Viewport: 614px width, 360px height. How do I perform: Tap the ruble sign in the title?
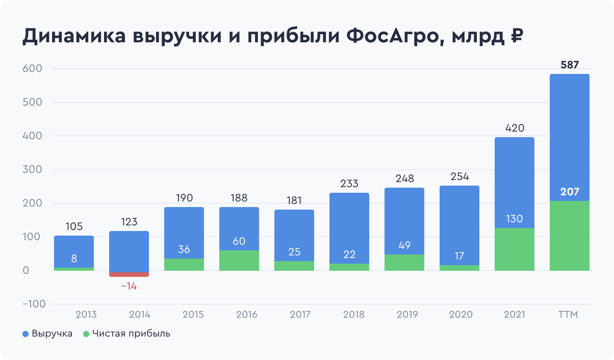click(x=516, y=37)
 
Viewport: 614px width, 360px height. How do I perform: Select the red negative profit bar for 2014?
click(x=129, y=274)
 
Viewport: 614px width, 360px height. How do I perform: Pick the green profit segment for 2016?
click(x=239, y=261)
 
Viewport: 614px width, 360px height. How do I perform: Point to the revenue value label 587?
click(x=570, y=65)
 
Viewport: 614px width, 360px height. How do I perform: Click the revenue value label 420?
click(x=515, y=128)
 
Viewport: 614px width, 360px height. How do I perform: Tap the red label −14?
click(x=129, y=286)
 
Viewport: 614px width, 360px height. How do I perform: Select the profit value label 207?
click(x=570, y=192)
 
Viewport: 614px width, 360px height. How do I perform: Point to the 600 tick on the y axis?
click(x=32, y=69)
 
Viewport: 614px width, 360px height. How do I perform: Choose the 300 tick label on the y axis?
click(x=32, y=170)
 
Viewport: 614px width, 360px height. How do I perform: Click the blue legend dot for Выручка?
click(x=25, y=334)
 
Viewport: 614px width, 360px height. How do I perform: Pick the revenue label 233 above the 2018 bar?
click(x=349, y=184)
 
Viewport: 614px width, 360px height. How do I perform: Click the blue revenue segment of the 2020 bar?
click(x=459, y=219)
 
